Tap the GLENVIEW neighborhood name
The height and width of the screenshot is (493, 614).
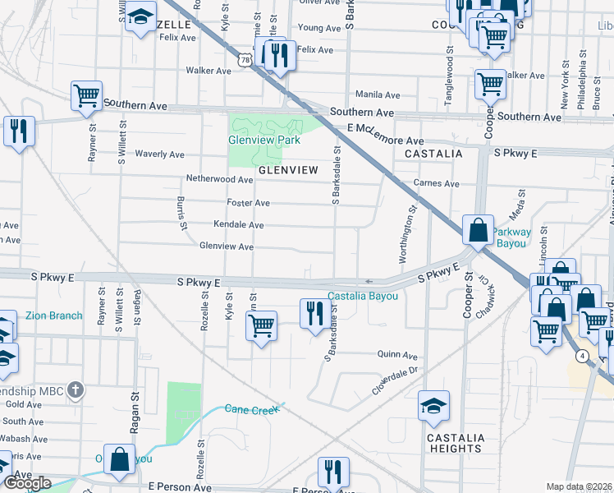288,170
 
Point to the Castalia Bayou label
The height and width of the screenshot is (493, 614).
363,296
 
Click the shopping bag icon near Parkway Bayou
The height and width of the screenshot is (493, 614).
477,231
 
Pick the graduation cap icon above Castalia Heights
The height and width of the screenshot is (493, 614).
433,406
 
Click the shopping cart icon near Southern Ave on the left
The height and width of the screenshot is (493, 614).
86,96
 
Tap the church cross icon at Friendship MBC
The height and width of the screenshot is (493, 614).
75,389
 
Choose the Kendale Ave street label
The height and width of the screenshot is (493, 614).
238,224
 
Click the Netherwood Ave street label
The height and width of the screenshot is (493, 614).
219,178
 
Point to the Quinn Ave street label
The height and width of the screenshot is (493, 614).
397,356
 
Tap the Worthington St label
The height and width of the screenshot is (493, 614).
406,234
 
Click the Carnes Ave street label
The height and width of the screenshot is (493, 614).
437,183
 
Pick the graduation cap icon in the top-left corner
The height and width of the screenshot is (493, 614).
140,16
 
